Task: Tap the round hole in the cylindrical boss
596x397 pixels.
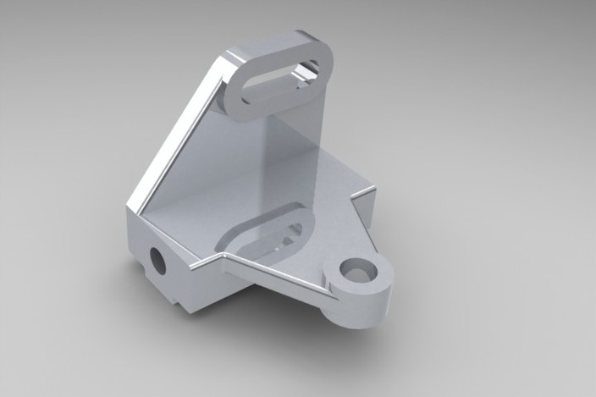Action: (358, 272)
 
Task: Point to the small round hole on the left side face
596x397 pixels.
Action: (157, 259)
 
